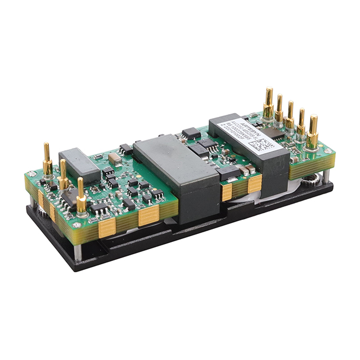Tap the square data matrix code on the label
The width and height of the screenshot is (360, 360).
click(x=260, y=146)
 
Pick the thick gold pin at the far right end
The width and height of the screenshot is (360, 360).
click(x=313, y=134)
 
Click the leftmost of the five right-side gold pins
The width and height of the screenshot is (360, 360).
click(x=269, y=104)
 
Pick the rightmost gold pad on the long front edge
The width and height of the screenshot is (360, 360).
click(x=254, y=184)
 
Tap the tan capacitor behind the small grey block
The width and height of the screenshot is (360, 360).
click(x=115, y=159)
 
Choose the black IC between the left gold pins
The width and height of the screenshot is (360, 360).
click(x=70, y=197)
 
